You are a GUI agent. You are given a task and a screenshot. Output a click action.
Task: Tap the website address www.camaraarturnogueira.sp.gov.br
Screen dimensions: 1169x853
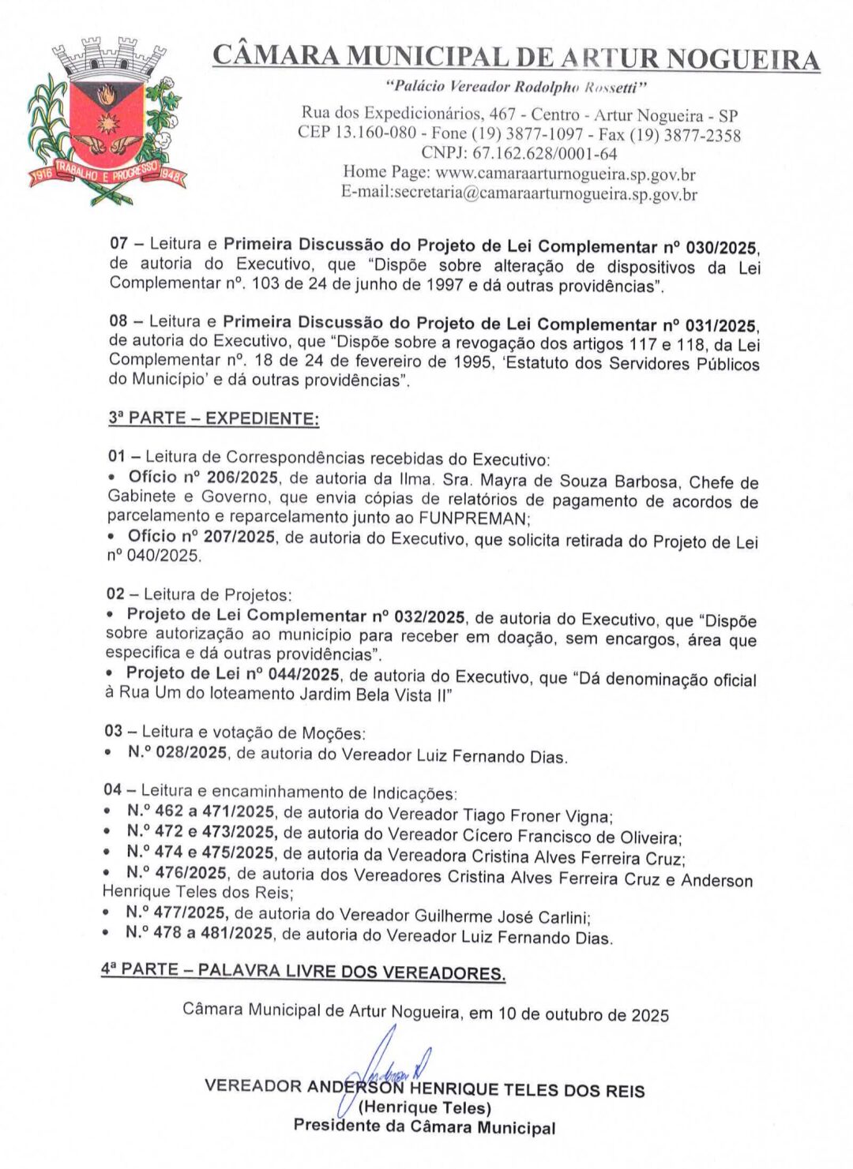click(566, 173)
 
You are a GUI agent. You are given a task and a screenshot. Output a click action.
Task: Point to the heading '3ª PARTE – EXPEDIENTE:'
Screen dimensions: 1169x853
click(214, 418)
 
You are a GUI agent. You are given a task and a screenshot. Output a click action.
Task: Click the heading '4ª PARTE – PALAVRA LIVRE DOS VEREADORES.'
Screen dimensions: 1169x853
click(303, 971)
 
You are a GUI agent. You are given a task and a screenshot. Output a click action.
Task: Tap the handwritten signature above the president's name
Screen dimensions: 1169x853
click(395, 1062)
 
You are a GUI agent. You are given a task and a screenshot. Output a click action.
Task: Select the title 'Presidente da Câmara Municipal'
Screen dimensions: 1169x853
click(424, 1126)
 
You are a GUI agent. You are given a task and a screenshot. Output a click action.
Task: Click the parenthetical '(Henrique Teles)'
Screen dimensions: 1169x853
click(424, 1108)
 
